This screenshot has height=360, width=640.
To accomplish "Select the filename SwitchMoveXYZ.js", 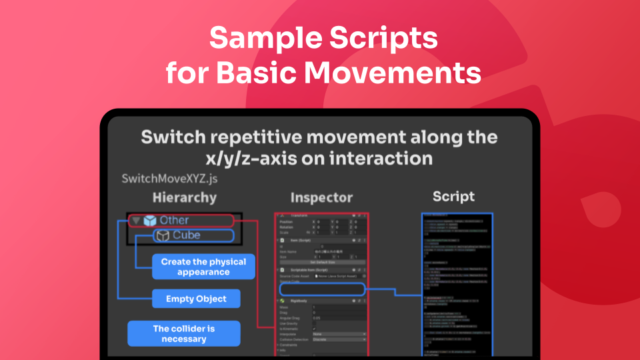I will tap(169, 179).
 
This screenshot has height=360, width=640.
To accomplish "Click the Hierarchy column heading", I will tap(184, 197).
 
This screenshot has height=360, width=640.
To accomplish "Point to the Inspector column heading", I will tap(321, 197).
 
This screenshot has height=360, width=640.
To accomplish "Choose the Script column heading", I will tap(453, 196).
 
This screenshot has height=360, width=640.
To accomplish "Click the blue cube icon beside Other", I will tap(150, 220).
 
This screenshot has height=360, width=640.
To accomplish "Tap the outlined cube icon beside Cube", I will tap(162, 235).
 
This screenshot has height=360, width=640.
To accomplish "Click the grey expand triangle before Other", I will tap(136, 221).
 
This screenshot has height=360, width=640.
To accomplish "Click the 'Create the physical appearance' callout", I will tap(203, 267).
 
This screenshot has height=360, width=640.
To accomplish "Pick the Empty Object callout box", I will tap(196, 299).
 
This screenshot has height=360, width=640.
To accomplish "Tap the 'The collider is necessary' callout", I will tap(184, 333).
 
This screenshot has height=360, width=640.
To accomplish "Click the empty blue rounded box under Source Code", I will tap(322, 289).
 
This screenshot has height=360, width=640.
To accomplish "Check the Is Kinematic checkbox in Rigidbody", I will tap(315, 328).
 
